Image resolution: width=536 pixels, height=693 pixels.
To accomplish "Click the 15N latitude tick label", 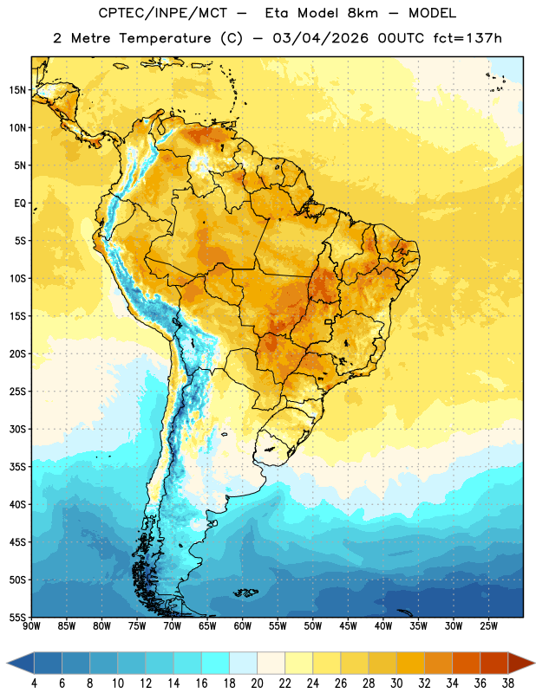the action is click(17, 90).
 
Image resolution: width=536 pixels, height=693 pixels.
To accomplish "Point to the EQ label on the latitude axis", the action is click(20, 204).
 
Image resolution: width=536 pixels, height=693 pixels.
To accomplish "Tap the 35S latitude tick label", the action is click(17, 467).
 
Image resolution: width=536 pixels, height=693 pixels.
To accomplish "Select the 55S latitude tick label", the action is click(17, 617).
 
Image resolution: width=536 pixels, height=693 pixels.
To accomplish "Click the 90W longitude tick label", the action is click(31, 626).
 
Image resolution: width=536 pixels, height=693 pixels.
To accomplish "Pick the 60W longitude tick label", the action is click(243, 626).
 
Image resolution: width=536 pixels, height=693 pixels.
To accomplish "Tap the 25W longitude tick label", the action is click(488, 626).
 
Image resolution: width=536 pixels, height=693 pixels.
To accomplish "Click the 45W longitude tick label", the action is click(348, 626).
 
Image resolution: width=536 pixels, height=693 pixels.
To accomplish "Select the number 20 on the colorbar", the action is click(257, 683).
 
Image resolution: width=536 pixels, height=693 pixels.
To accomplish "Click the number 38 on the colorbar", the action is click(508, 683).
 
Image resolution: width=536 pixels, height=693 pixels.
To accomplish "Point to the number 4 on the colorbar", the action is click(34, 683).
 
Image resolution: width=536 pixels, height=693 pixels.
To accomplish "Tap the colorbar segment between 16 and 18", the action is click(216, 663).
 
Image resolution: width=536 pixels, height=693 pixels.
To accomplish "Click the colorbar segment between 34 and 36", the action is click(467, 663).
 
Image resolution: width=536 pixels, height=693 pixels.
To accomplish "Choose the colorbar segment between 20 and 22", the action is click(271, 663).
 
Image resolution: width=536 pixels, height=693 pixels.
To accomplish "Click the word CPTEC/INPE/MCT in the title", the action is click(163, 13).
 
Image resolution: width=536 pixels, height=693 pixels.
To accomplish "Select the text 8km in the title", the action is click(363, 13).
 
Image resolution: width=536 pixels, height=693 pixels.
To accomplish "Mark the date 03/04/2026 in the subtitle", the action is click(320, 38).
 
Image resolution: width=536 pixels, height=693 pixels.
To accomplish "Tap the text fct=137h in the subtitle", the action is click(467, 38).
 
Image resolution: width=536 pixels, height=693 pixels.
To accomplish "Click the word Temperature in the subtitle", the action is click(165, 39).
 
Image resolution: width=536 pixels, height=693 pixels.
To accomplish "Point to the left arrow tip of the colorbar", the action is click(7, 663).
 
